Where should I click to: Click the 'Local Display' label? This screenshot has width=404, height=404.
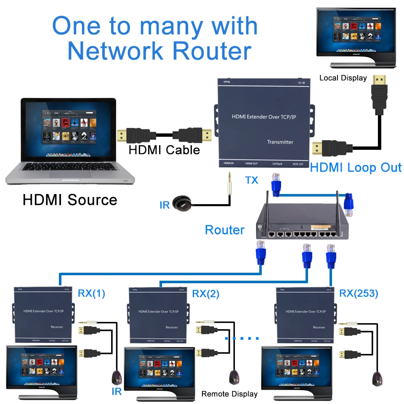343,78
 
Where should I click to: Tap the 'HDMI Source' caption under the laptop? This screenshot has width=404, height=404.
70,199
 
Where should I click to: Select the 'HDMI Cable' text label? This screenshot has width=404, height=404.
164,149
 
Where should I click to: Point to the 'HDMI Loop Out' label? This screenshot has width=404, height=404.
356,167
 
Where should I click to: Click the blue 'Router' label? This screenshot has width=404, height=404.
224,230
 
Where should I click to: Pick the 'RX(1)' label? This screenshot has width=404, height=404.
91,293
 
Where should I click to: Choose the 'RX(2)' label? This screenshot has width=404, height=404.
206,294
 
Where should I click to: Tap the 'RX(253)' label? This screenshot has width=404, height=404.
359,293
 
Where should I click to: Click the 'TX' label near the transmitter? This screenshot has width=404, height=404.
252,181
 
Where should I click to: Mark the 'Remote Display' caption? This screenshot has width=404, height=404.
229,394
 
